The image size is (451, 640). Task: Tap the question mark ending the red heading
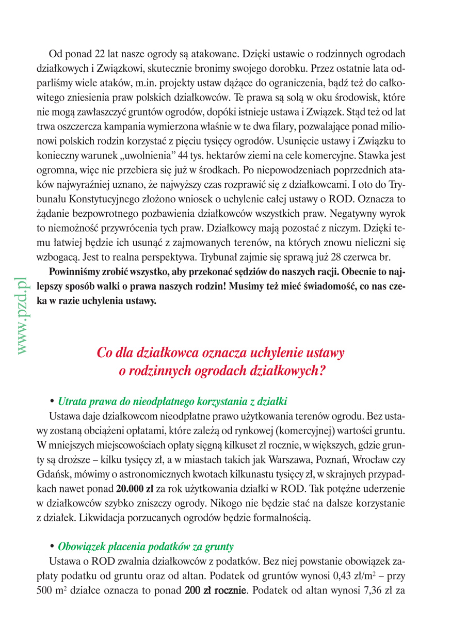(321, 371)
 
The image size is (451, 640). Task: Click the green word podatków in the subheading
(169, 546)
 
